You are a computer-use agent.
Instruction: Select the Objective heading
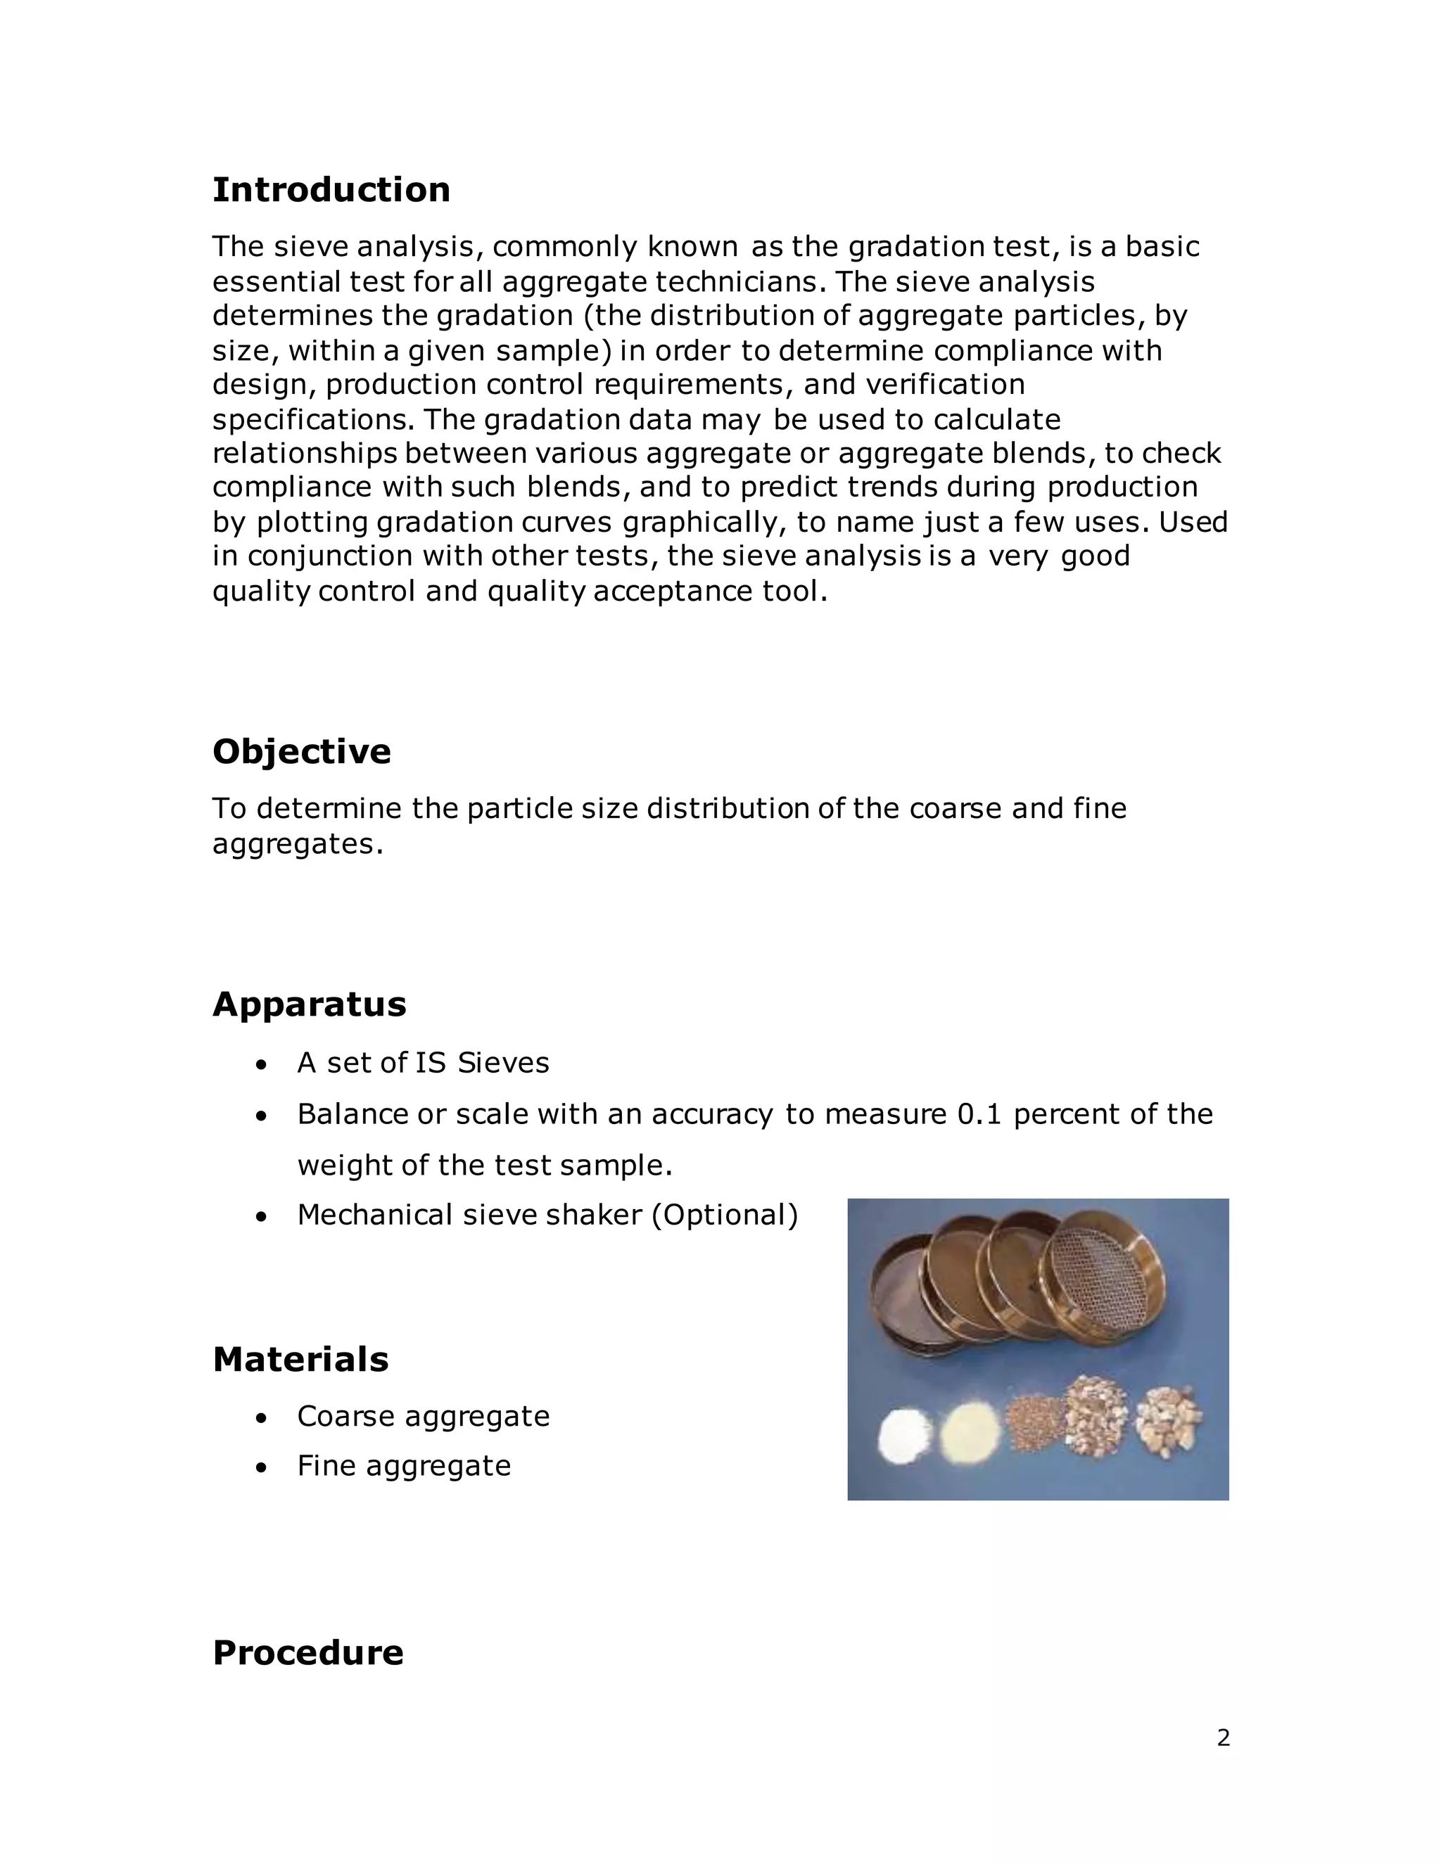[x=301, y=752]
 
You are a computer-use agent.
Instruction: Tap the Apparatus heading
[x=309, y=1004]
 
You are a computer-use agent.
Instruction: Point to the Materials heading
[x=300, y=1360]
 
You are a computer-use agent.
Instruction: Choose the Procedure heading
[x=307, y=1652]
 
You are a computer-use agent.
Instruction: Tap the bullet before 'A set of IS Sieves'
[x=263, y=1064]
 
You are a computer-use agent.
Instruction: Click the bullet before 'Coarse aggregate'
[x=263, y=1417]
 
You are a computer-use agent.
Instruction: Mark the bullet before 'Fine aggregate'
[x=263, y=1467]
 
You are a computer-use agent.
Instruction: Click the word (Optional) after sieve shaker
[x=725, y=1215]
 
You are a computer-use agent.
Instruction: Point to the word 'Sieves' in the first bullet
[x=503, y=1063]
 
